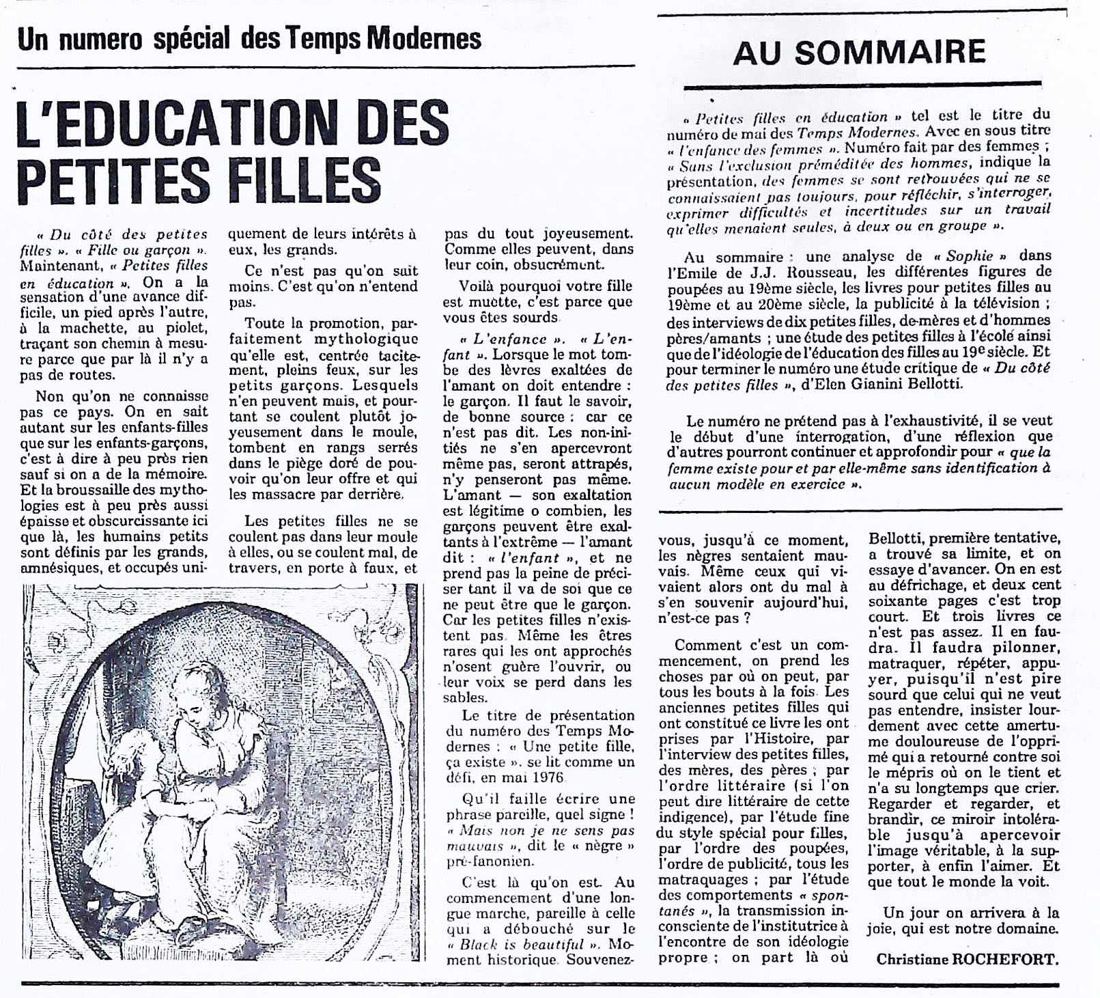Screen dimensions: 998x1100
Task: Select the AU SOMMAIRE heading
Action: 859,53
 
